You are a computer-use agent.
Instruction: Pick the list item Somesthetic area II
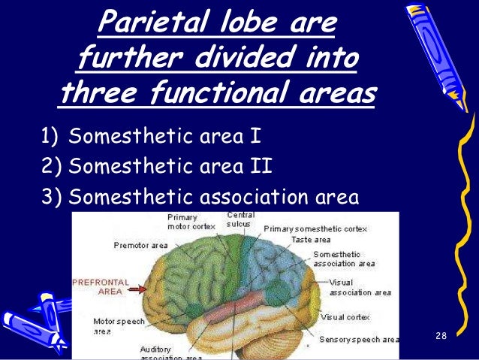(170, 167)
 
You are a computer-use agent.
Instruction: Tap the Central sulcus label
(240, 219)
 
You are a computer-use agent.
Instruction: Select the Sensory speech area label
(358, 340)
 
